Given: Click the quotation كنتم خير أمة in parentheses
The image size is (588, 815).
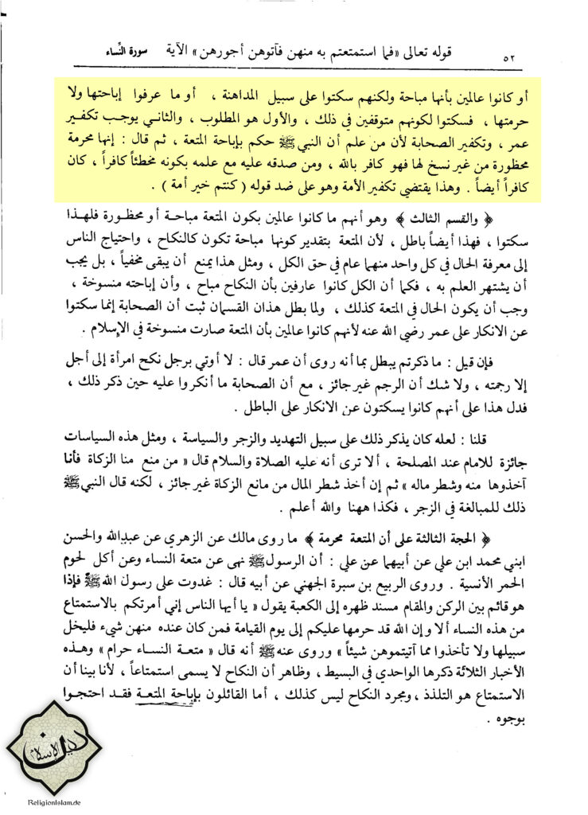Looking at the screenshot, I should pos(212,186).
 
